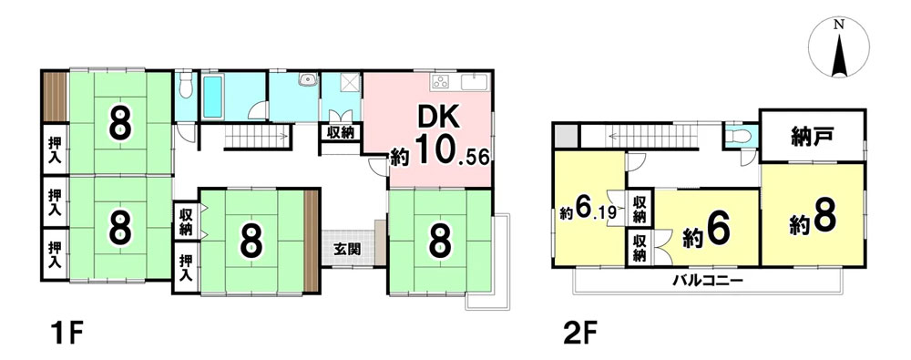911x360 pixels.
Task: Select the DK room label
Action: click(x=440, y=119)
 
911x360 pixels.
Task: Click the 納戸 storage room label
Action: click(x=813, y=137)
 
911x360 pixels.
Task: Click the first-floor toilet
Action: click(x=186, y=85)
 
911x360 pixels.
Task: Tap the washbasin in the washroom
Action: click(x=307, y=79)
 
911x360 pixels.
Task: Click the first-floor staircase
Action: click(x=257, y=137)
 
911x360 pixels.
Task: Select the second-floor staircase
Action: click(x=650, y=137)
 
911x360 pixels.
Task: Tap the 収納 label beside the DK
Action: click(x=341, y=132)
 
